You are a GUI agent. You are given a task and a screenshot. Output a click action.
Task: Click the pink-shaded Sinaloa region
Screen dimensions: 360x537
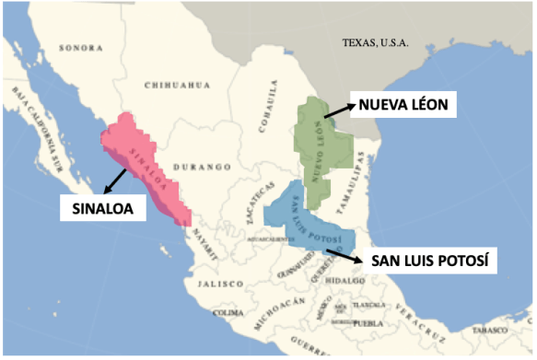click(147, 166)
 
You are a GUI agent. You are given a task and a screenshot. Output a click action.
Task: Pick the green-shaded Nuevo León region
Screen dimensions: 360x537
click(322, 147)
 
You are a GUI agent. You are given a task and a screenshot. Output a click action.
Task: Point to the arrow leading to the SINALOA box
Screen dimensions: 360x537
click(116, 179)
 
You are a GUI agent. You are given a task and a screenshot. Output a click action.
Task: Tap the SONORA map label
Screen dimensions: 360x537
click(80, 47)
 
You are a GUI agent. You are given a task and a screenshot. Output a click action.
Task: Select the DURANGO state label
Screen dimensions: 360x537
click(206, 168)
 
